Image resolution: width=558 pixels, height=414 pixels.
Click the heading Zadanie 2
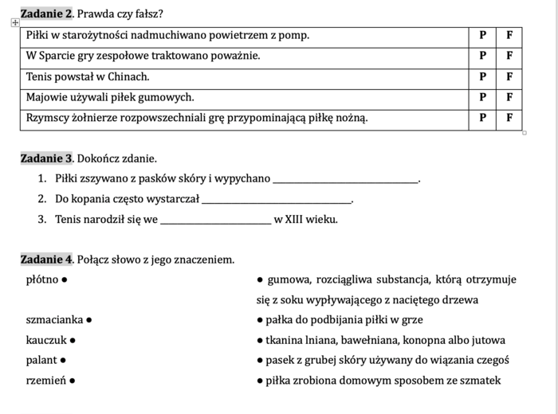(46, 14)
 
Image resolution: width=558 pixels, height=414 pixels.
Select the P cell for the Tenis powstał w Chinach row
(481, 77)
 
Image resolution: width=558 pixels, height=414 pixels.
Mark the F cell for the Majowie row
(509, 98)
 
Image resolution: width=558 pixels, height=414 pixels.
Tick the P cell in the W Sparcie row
(481, 57)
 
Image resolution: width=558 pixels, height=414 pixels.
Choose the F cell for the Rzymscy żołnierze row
(509, 119)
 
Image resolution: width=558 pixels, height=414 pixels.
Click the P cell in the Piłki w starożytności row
(481, 36)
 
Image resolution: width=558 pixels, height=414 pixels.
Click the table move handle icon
(15, 24)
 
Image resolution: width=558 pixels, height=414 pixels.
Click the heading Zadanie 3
(46, 158)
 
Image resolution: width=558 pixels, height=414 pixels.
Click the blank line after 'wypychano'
(345, 179)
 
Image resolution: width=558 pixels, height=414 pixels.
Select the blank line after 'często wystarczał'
(276, 199)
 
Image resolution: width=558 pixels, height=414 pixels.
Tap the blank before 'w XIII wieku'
(215, 220)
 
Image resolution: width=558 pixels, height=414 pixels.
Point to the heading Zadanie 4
(46, 260)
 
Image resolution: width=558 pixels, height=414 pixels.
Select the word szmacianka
(54, 320)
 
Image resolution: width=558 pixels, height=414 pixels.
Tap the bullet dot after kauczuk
(73, 341)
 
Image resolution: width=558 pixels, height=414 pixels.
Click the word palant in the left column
(41, 361)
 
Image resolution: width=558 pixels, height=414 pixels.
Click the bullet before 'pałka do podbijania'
(260, 320)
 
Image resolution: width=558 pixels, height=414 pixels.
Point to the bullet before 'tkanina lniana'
(260, 341)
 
